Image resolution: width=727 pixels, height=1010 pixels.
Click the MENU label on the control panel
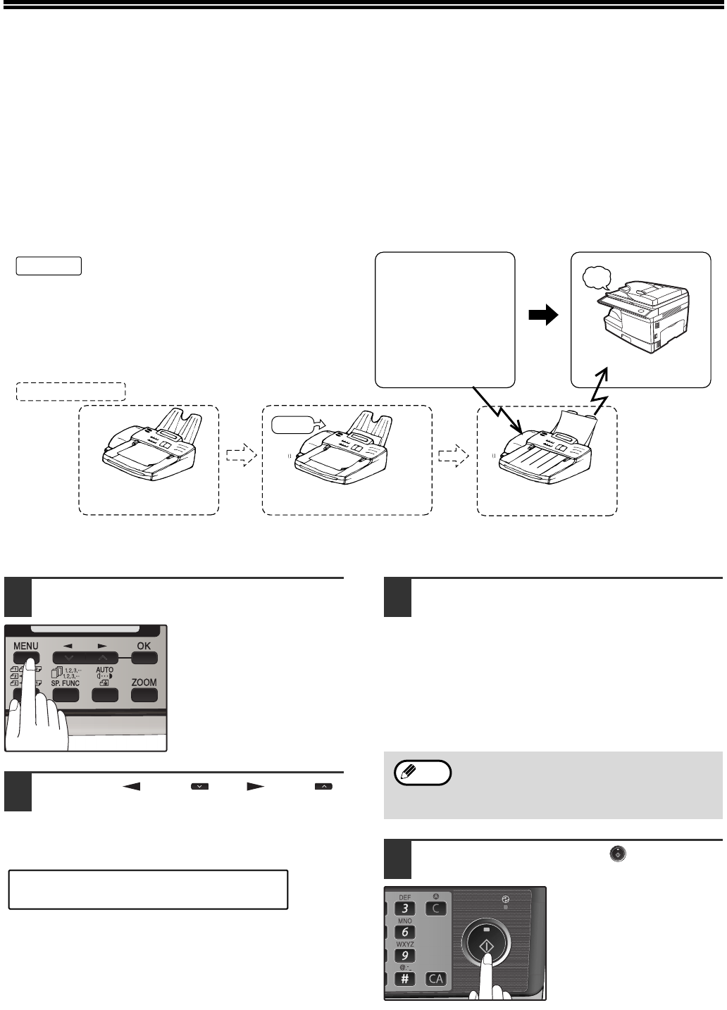point(25,645)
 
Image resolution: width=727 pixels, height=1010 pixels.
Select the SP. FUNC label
point(66,683)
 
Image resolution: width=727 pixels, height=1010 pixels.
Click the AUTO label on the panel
point(104,671)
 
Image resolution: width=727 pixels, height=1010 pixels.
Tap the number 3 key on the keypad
point(404,909)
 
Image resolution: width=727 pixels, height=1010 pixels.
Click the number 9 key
point(404,956)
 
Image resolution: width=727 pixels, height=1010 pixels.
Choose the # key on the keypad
point(404,979)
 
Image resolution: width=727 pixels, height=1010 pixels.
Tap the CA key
point(436,979)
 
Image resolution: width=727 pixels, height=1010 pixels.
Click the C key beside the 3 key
point(436,909)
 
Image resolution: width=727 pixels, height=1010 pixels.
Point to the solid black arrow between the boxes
point(543,317)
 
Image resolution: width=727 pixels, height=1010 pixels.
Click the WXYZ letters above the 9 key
point(405,944)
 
